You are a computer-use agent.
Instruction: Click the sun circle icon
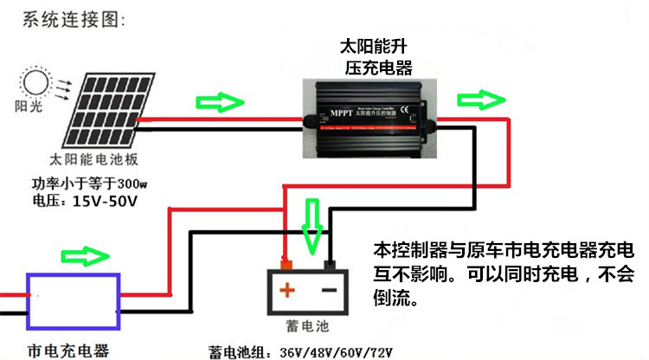(35, 83)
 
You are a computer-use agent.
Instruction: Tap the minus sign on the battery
(328, 289)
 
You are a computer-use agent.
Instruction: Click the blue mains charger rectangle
(74, 301)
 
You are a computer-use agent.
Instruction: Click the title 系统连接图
(70, 17)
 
